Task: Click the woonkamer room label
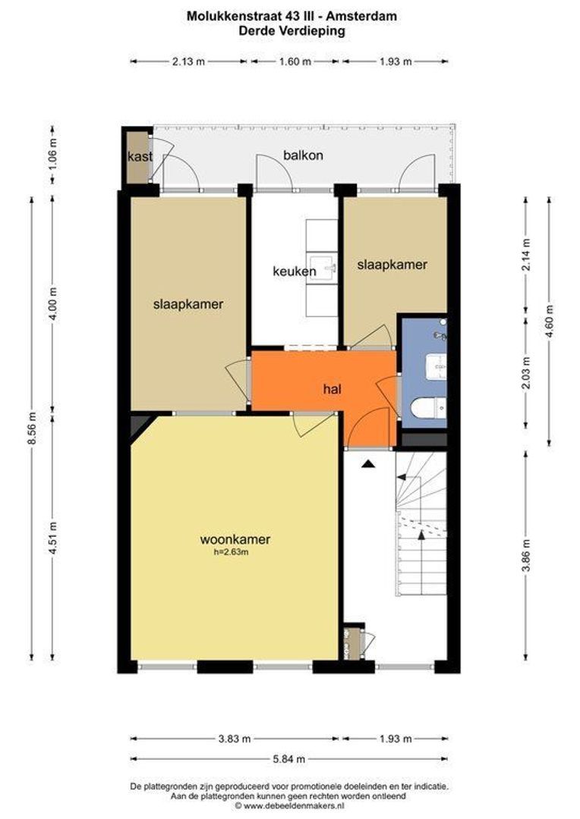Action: [235, 539]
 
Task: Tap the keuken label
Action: [295, 271]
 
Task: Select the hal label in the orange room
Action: [332, 388]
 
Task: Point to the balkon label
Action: [303, 155]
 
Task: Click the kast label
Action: [140, 156]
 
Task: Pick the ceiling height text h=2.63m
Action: [231, 552]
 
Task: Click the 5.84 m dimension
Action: [290, 759]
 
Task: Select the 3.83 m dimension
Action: [235, 739]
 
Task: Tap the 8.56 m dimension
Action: [32, 428]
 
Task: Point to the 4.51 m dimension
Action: [53, 538]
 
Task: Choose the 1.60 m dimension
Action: [295, 61]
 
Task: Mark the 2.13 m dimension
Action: [189, 61]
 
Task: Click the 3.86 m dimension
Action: [527, 555]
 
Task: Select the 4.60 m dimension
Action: [550, 321]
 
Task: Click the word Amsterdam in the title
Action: [362, 16]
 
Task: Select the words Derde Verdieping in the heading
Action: [292, 30]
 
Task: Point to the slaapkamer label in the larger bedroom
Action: [188, 304]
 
